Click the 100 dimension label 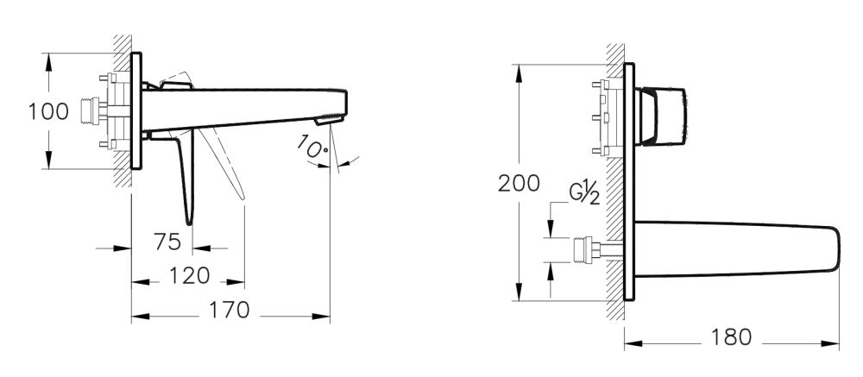point(47,112)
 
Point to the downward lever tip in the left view point(189,220)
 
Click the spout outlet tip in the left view point(338,116)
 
